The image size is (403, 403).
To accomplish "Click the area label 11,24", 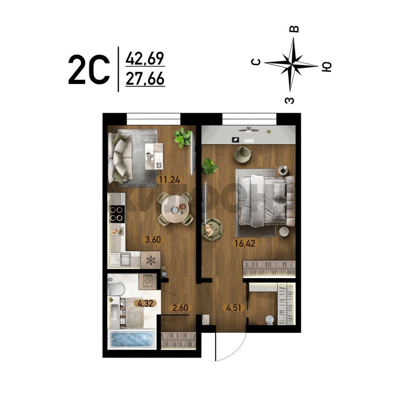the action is [x=169, y=180].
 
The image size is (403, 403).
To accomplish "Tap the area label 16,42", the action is [x=245, y=243].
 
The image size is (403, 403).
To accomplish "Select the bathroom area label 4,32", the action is [x=146, y=303].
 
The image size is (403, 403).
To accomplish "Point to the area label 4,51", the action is [x=234, y=307].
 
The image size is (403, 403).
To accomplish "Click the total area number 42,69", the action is [x=145, y=59].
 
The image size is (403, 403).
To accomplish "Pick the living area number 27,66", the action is [x=145, y=79].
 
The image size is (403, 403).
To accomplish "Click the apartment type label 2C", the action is [x=89, y=69].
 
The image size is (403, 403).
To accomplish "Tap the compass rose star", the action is [x=291, y=64].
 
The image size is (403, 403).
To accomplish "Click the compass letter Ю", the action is [x=327, y=67].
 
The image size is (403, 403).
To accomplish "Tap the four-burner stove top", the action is [x=117, y=214].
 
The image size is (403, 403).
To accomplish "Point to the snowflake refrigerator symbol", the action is [x=151, y=260].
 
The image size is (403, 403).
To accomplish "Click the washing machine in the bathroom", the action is [x=147, y=281].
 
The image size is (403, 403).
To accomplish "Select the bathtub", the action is [x=132, y=340].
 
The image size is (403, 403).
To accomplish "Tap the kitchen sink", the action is [x=120, y=260].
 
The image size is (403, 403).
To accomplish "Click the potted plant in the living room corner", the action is [x=183, y=137].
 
